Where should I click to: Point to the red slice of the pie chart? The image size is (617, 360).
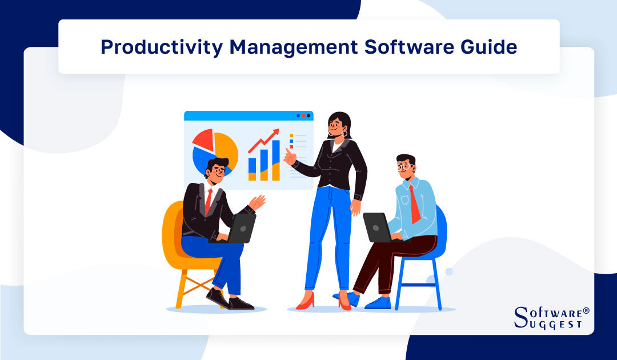[x=203, y=139]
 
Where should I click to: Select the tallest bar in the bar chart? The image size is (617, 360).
[x=276, y=160]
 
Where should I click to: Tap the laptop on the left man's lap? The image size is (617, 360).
[x=240, y=228]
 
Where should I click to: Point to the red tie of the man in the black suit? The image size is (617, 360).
[x=209, y=201]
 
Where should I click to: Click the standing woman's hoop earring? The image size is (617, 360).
[x=344, y=134]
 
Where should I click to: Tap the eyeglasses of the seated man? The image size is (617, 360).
[x=406, y=167]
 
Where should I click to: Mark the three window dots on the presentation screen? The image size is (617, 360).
[x=303, y=115]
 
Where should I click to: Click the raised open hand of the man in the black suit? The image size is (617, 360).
[x=258, y=202]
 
